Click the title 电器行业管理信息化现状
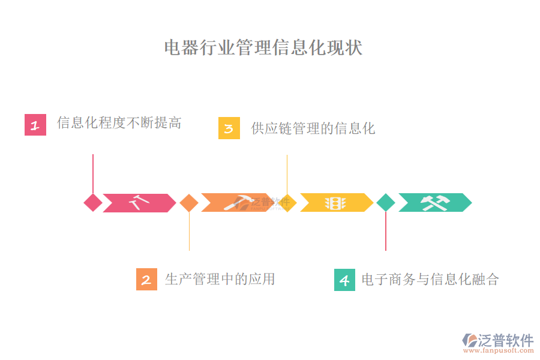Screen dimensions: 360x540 coord(263,48)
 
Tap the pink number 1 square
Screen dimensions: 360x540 coord(35,125)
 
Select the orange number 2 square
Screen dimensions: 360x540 coord(146,280)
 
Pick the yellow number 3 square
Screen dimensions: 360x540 coord(229,128)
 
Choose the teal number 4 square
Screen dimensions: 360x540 coord(344,280)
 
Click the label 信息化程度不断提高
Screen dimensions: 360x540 coord(119,124)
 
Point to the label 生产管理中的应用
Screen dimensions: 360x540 coord(220,279)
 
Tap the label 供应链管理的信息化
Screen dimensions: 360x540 coord(313,128)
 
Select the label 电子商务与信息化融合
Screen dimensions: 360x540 coord(430,279)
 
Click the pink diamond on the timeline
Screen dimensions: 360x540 coord(93,203)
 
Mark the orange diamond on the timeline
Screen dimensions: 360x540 coord(189,203)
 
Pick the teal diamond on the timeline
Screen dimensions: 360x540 coord(385,203)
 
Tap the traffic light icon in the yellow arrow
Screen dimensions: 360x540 coord(335,203)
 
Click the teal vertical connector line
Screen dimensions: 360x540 coord(385,231)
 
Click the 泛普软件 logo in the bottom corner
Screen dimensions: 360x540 coord(497,340)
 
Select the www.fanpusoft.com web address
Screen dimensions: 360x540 coord(505,350)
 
